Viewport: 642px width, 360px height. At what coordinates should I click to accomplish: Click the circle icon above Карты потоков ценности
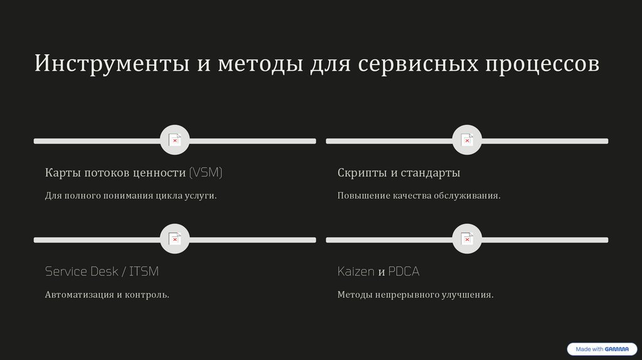tap(174, 140)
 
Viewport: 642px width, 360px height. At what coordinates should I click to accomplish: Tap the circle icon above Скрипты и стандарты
tap(467, 140)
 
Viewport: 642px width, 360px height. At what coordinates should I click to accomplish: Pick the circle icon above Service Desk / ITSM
tap(174, 239)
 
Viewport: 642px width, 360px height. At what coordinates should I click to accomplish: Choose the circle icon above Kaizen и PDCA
tap(467, 239)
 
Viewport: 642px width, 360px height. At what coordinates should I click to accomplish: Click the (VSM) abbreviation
tap(206, 172)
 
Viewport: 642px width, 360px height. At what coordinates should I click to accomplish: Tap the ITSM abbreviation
tap(144, 272)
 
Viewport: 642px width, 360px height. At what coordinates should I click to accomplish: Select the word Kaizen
tap(355, 272)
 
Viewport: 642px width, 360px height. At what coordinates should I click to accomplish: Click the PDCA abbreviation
tap(404, 272)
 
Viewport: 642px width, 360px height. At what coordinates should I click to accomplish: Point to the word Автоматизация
tap(79, 294)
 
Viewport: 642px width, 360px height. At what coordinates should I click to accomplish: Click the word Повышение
tap(364, 196)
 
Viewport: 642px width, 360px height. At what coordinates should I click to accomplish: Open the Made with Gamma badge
tap(601, 349)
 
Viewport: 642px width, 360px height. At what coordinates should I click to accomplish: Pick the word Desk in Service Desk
tap(104, 272)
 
